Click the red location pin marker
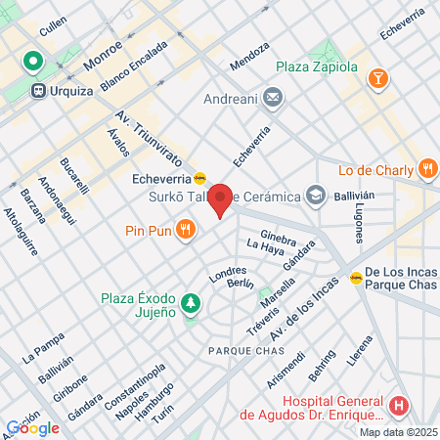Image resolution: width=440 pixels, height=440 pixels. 222,200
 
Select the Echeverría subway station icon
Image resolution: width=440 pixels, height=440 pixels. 199,178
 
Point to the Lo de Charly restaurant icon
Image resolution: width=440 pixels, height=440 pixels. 427,169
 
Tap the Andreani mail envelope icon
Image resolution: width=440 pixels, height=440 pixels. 273,98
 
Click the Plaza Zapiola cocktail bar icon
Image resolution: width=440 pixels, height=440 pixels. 377,76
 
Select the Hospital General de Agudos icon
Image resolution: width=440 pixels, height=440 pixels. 398,405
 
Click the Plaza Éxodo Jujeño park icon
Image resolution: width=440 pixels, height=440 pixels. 192,305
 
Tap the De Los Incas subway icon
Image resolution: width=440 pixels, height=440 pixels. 356,278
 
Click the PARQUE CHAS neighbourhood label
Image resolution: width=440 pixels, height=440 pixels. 239,350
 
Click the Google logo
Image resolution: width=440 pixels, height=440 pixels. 32,427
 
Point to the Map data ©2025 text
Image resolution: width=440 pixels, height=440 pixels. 397,432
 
